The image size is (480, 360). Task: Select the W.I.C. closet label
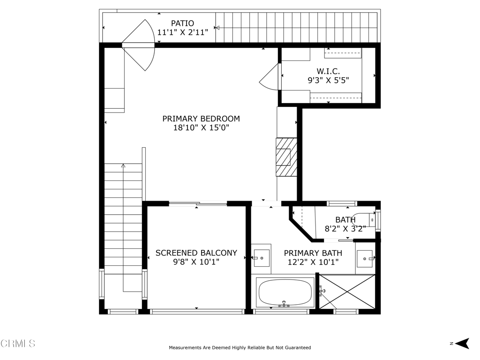[328, 71]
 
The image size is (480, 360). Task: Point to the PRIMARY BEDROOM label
[201, 119]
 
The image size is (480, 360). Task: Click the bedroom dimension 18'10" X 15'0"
[201, 127]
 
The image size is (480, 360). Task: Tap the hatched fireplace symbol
[286, 157]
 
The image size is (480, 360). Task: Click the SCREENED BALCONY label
[196, 253]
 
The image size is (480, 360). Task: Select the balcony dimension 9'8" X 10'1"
[196, 262]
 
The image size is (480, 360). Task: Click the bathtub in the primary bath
[285, 292]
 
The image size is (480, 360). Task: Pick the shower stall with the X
[347, 292]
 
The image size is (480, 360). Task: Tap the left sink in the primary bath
[261, 258]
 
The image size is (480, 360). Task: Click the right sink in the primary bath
[364, 258]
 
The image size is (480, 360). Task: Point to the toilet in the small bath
[364, 219]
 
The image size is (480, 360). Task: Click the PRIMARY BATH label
[313, 253]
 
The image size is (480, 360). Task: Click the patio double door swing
[139, 45]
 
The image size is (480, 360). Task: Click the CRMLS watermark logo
[18, 344]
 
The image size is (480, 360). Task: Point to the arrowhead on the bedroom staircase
[123, 165]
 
